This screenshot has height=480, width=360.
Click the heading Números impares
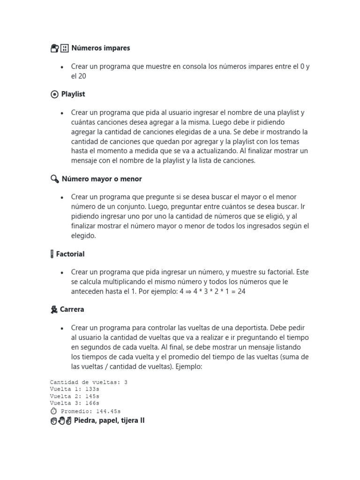(100, 48)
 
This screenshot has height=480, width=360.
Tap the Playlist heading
(73, 94)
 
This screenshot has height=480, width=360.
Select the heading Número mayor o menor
(102, 179)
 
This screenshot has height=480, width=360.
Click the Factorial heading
(70, 254)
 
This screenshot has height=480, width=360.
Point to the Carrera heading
(72, 309)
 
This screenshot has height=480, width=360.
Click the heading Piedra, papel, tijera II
(109, 420)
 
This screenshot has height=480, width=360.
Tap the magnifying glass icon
(54, 179)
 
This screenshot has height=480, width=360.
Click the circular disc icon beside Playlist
(54, 94)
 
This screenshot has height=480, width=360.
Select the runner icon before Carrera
(54, 309)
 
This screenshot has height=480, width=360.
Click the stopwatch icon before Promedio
(53, 411)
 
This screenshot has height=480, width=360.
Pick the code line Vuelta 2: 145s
(75, 396)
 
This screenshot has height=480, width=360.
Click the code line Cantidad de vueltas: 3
(89, 382)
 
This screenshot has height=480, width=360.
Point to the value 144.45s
(111, 411)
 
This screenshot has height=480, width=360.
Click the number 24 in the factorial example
(241, 291)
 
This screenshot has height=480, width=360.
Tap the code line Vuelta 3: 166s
(75, 403)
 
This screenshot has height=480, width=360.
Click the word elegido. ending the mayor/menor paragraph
(83, 236)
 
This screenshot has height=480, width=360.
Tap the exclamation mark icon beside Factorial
(52, 254)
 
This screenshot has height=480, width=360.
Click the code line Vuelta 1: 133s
(75, 389)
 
